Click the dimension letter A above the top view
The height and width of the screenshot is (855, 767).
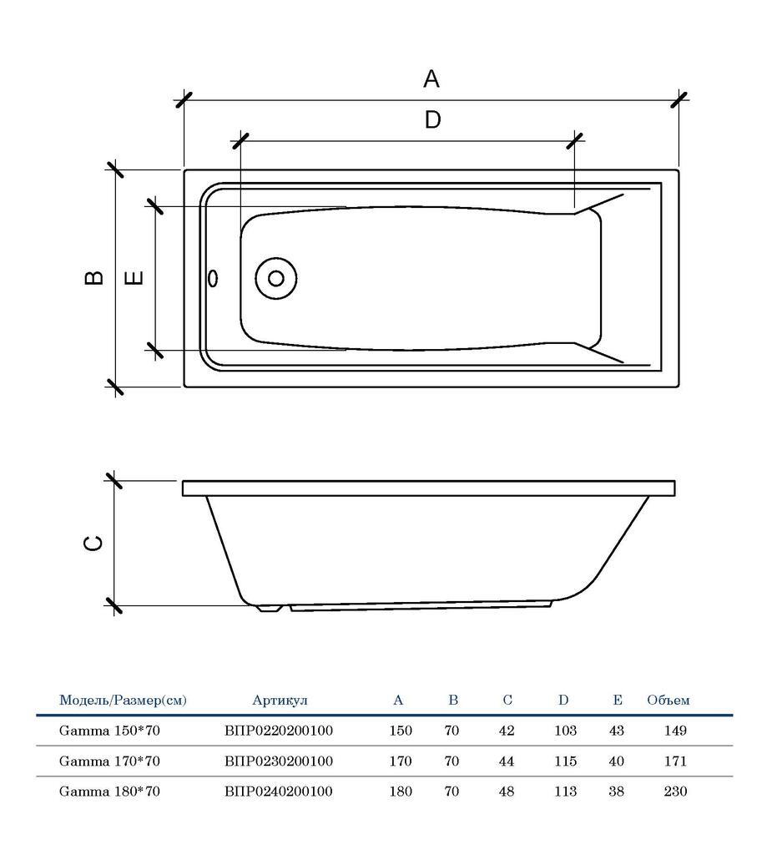click(x=431, y=79)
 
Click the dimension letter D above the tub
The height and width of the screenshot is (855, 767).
click(x=431, y=120)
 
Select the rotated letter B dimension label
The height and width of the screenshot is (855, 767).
click(x=94, y=277)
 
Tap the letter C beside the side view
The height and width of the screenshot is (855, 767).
click(x=93, y=543)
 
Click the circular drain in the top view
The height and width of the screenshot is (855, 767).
click(x=275, y=279)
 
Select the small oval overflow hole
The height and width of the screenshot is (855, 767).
click(x=212, y=278)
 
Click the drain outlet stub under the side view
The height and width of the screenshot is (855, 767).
click(x=268, y=609)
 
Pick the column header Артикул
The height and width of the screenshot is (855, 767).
click(x=280, y=701)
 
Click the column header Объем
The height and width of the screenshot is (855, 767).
click(x=669, y=701)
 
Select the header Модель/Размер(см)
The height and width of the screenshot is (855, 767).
click(x=123, y=701)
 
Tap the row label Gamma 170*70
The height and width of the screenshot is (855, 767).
click(x=109, y=761)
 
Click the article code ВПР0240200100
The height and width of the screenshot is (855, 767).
click(x=279, y=791)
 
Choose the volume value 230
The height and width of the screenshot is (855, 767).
click(x=675, y=791)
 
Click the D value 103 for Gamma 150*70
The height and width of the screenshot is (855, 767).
click(x=565, y=731)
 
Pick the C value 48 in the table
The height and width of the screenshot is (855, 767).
click(x=507, y=791)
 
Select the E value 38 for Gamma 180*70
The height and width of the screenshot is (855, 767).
click(x=616, y=791)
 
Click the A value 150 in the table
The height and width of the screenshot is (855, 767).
click(x=401, y=731)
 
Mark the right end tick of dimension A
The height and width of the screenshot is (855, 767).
click(x=679, y=100)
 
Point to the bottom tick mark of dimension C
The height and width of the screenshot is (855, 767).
click(x=114, y=606)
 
